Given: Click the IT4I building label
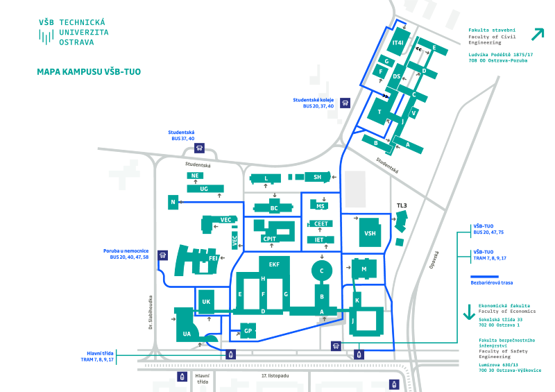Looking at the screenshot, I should coord(398,44).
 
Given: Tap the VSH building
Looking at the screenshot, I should coord(370,233).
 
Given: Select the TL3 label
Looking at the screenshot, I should coord(402,206).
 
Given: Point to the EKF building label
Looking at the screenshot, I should coord(274,264).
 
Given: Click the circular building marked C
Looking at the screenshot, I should coord(321,269).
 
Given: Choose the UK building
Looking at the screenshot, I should coord(206,302).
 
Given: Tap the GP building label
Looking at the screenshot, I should coord(248,331).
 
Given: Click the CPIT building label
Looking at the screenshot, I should coord(269,238).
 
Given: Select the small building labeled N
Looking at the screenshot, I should coord(172,203).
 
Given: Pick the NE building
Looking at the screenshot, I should coord(195,176).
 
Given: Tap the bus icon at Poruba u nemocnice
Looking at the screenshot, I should coord(162,255).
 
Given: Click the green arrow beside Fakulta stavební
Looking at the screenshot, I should coord(537,34).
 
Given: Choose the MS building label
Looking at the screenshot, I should coord(321,206).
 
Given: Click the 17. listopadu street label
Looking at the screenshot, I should coord(275,375).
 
